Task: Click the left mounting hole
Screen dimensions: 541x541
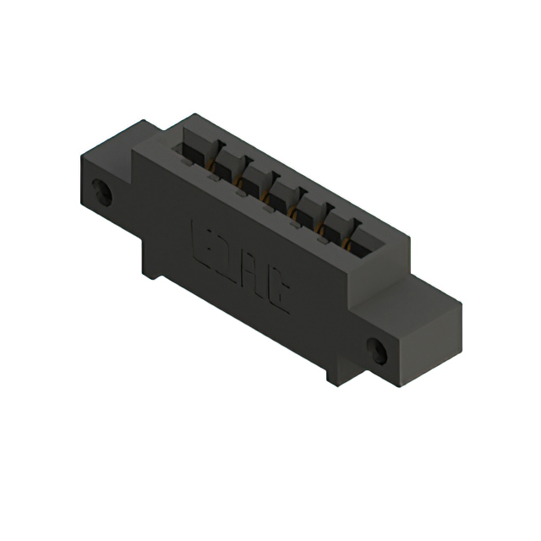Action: (x=103, y=193)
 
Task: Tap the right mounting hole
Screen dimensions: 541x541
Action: (x=378, y=351)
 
